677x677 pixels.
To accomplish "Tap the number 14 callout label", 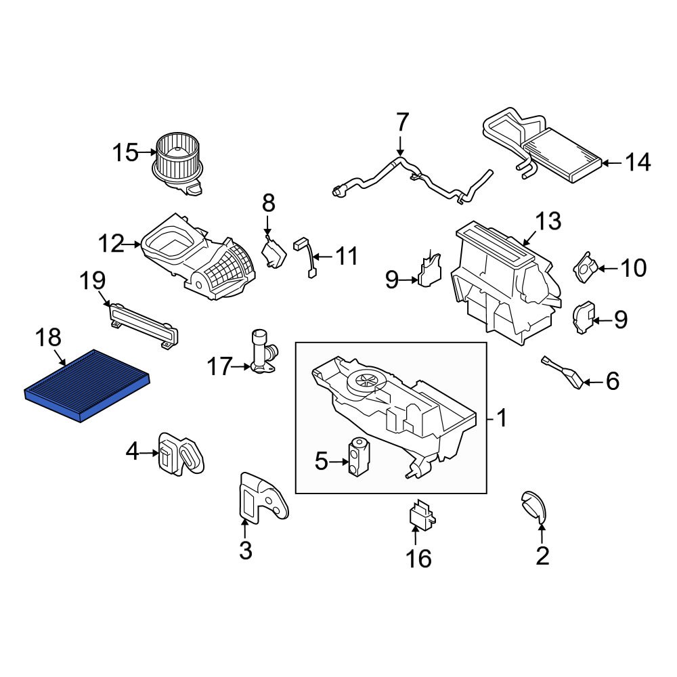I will coord(637,162).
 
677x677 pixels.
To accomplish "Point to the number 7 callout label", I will coord(402,123).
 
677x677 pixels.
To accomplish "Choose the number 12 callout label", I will coord(111,243).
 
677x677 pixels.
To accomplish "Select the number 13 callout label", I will coord(549,221).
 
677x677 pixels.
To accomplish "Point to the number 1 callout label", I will coord(502,419).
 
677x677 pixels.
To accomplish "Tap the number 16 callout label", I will coord(418,559).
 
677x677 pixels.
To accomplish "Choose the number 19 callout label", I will coord(93,280).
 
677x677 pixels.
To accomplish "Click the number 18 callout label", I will coord(50,337).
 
